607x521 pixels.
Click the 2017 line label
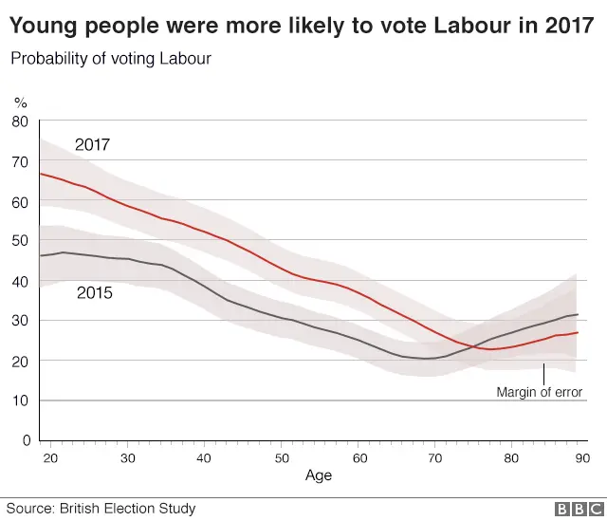(x=93, y=145)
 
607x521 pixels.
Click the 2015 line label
(x=94, y=293)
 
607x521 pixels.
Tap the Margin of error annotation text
(x=539, y=391)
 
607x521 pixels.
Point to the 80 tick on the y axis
(x=20, y=121)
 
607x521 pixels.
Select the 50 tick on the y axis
(x=20, y=241)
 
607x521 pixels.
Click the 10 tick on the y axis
(x=20, y=400)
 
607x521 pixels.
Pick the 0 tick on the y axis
(x=24, y=440)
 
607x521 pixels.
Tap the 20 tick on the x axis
(x=50, y=458)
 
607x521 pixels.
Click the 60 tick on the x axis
(x=359, y=458)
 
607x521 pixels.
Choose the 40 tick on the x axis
(x=204, y=458)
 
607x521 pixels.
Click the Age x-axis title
(x=319, y=475)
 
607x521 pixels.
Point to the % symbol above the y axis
(x=20, y=102)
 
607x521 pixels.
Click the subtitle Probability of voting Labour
(x=111, y=59)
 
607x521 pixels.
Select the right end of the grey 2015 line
(x=578, y=314)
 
